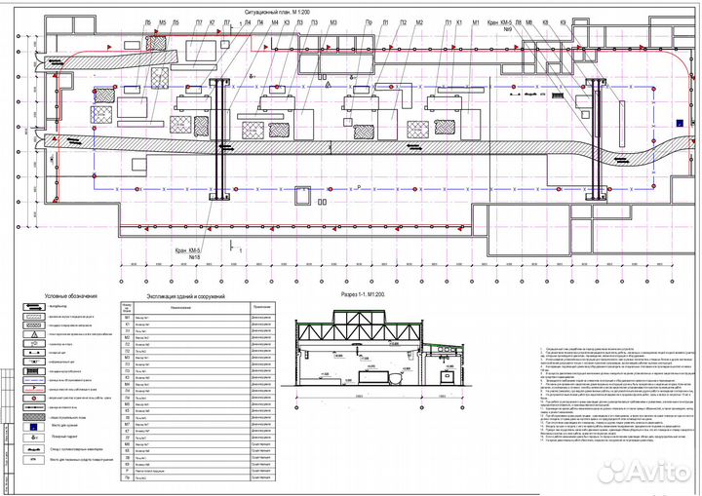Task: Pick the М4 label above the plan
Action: [274, 20]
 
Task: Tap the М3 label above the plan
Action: [333, 20]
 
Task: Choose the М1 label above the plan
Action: [475, 20]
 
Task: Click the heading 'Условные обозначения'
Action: [71, 295]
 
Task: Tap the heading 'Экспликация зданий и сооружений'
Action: [185, 295]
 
